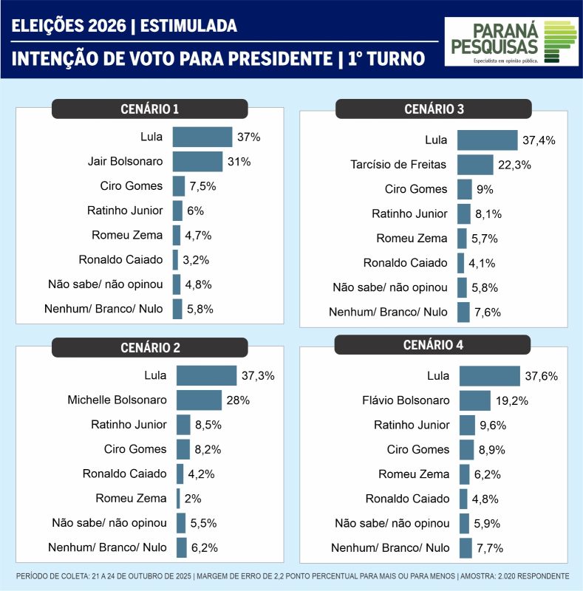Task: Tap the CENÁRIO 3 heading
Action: (434, 109)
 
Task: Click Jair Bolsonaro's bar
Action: (197, 162)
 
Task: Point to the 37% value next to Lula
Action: (249, 137)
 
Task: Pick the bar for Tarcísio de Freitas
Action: (475, 165)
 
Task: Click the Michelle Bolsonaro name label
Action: (117, 400)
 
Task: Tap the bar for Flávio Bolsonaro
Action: (475, 400)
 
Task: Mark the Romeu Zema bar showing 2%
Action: (178, 498)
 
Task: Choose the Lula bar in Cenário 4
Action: (489, 376)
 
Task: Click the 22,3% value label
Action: (515, 165)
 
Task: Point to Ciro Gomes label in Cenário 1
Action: (131, 186)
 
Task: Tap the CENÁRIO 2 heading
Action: (149, 347)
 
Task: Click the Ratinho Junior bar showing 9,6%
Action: (467, 425)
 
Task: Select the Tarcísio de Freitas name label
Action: (398, 164)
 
